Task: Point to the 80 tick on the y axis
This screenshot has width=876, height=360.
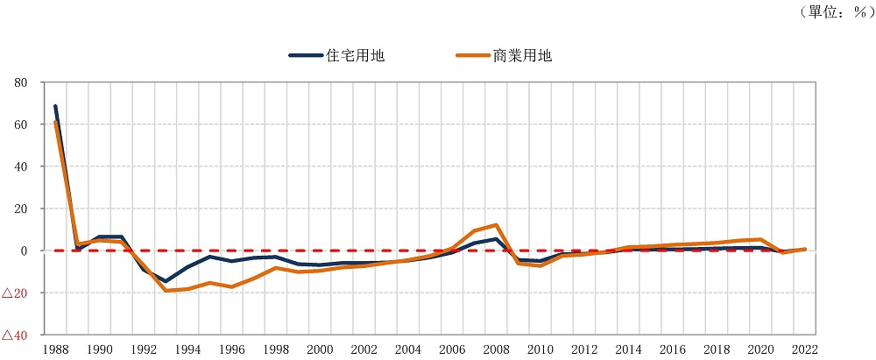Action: [21, 82]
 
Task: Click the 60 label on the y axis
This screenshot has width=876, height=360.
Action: [21, 124]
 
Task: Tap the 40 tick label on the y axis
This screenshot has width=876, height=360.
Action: [21, 166]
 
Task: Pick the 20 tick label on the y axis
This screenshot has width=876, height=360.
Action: [21, 208]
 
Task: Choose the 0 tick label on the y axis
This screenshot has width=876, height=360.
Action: [25, 251]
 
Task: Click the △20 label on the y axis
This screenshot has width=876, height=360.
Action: [16, 293]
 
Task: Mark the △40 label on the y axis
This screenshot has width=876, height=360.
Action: [16, 335]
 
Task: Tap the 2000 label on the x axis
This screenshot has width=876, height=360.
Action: [320, 349]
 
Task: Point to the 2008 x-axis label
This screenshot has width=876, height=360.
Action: [496, 349]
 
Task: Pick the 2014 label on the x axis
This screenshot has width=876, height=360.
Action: [628, 349]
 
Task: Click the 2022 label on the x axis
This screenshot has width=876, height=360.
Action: [804, 349]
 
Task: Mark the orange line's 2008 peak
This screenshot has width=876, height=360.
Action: [497, 225]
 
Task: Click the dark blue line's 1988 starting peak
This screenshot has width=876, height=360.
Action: [55, 107]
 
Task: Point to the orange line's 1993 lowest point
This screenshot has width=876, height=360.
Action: [166, 290]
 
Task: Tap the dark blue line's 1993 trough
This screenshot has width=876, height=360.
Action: [166, 281]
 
